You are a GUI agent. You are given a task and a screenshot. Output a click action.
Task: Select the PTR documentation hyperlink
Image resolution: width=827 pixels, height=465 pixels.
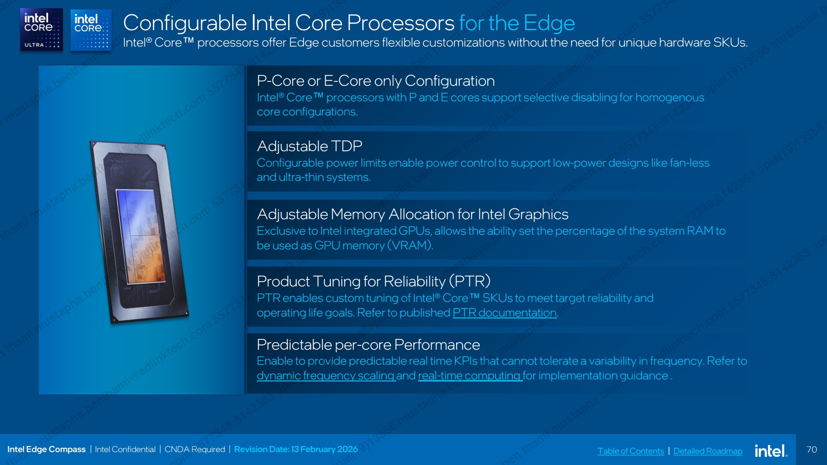tap(504, 313)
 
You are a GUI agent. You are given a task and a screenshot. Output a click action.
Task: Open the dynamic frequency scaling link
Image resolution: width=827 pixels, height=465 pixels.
tap(326, 376)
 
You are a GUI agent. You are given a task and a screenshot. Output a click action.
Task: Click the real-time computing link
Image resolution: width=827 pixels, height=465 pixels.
tap(470, 376)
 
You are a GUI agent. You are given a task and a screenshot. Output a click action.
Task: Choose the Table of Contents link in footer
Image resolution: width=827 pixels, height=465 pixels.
tap(631, 451)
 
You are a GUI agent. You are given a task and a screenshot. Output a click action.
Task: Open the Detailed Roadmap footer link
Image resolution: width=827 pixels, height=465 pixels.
tap(708, 451)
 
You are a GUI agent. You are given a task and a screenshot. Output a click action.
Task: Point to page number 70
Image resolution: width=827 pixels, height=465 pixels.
tap(811, 449)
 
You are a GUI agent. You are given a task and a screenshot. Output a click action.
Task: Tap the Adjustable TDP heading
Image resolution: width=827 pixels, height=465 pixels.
tap(309, 146)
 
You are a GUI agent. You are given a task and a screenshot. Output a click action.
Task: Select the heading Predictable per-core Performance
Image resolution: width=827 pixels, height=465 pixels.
tap(368, 345)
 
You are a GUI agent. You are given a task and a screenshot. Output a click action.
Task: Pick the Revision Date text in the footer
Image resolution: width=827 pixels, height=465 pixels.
tap(296, 449)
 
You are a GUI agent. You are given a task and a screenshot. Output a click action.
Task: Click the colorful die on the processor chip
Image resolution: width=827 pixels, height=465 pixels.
tap(141, 236)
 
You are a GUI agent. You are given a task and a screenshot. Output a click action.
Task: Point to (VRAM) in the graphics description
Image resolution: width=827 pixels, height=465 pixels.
tap(410, 245)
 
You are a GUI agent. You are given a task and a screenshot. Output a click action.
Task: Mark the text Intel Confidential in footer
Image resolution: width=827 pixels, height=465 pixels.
tap(125, 449)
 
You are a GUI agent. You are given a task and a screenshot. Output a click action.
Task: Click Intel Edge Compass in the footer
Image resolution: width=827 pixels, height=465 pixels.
tap(47, 449)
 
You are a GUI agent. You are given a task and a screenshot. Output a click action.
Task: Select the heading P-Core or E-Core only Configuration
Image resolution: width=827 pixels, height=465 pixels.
tap(376, 81)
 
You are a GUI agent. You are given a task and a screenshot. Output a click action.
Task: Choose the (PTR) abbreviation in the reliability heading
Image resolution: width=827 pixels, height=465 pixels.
tap(469, 282)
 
